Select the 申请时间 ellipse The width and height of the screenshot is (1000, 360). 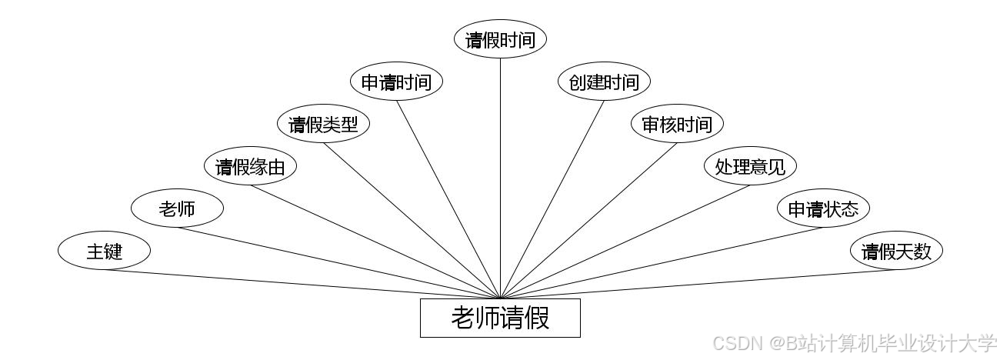coord(396,82)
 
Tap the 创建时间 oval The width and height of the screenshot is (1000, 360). coord(604,82)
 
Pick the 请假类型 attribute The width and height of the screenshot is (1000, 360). coord(323,124)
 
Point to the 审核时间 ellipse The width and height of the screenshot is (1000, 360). coord(677,124)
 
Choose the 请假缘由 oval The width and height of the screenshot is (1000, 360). coord(250,166)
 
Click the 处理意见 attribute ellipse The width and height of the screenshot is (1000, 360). coord(750,166)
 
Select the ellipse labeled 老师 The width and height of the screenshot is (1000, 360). coord(177,208)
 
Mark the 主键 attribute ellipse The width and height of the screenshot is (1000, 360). coord(104,251)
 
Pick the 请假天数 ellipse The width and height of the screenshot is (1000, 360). coord(896,251)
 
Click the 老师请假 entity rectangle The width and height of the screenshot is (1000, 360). coord(500,318)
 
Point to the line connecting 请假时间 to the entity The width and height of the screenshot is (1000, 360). coord(500,177)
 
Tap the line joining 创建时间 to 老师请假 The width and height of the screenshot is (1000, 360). coord(552,199)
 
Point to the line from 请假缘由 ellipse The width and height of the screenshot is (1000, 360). coord(375,241)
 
